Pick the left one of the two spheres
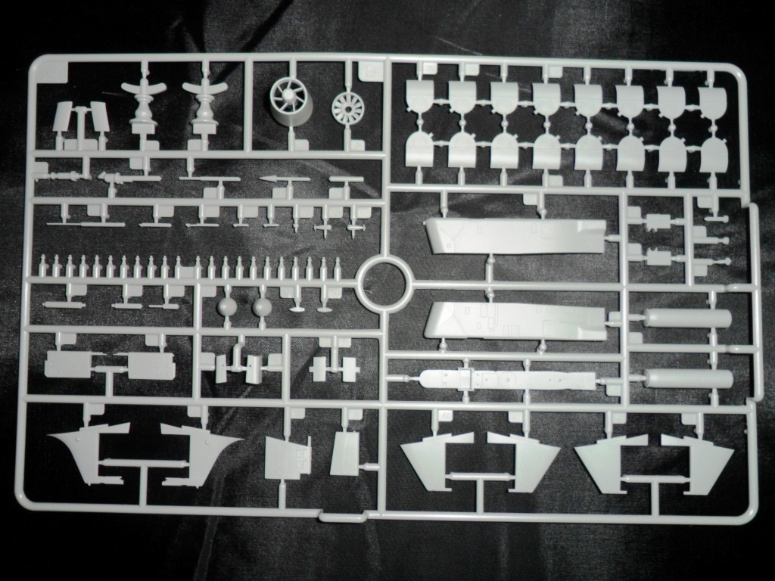pyautogui.click(x=227, y=306)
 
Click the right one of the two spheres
pyautogui.click(x=262, y=306)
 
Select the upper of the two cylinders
pyautogui.click(x=689, y=318)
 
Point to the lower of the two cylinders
pyautogui.click(x=689, y=378)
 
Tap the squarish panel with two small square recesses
pyautogui.click(x=288, y=458)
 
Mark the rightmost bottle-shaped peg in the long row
pyautogui.click(x=337, y=266)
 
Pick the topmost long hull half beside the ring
pyautogui.click(x=515, y=235)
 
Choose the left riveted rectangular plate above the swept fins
pyautogui.click(x=72, y=365)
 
